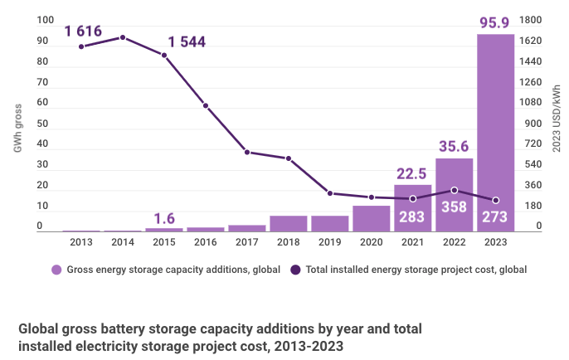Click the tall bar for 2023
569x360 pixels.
[x=495, y=133]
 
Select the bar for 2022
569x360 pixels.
[x=454, y=195]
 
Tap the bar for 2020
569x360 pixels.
[x=371, y=219]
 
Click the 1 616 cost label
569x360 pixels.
[x=83, y=32]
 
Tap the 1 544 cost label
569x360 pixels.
[x=186, y=41]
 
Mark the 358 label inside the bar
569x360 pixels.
[x=454, y=218]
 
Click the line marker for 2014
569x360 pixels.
[x=123, y=37]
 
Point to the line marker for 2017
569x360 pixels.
[x=247, y=152]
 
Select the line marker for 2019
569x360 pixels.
[x=330, y=193]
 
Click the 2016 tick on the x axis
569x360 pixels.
[x=206, y=241]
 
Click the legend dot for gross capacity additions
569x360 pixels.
[x=56, y=270]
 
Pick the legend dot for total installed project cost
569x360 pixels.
[x=297, y=270]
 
